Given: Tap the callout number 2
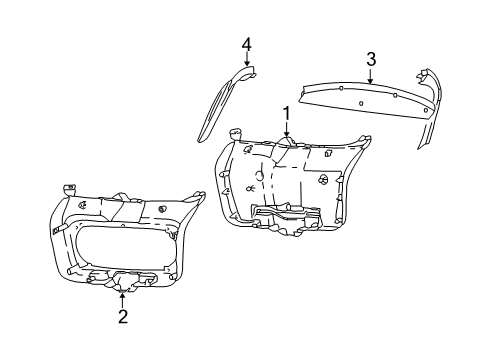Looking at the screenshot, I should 122,317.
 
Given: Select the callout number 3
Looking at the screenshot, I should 370,60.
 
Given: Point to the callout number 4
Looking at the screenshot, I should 245,43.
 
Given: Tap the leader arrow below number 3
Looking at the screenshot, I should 370,77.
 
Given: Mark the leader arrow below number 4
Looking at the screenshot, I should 245,62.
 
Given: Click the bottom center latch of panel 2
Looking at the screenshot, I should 122,283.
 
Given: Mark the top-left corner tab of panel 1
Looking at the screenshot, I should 236,132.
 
